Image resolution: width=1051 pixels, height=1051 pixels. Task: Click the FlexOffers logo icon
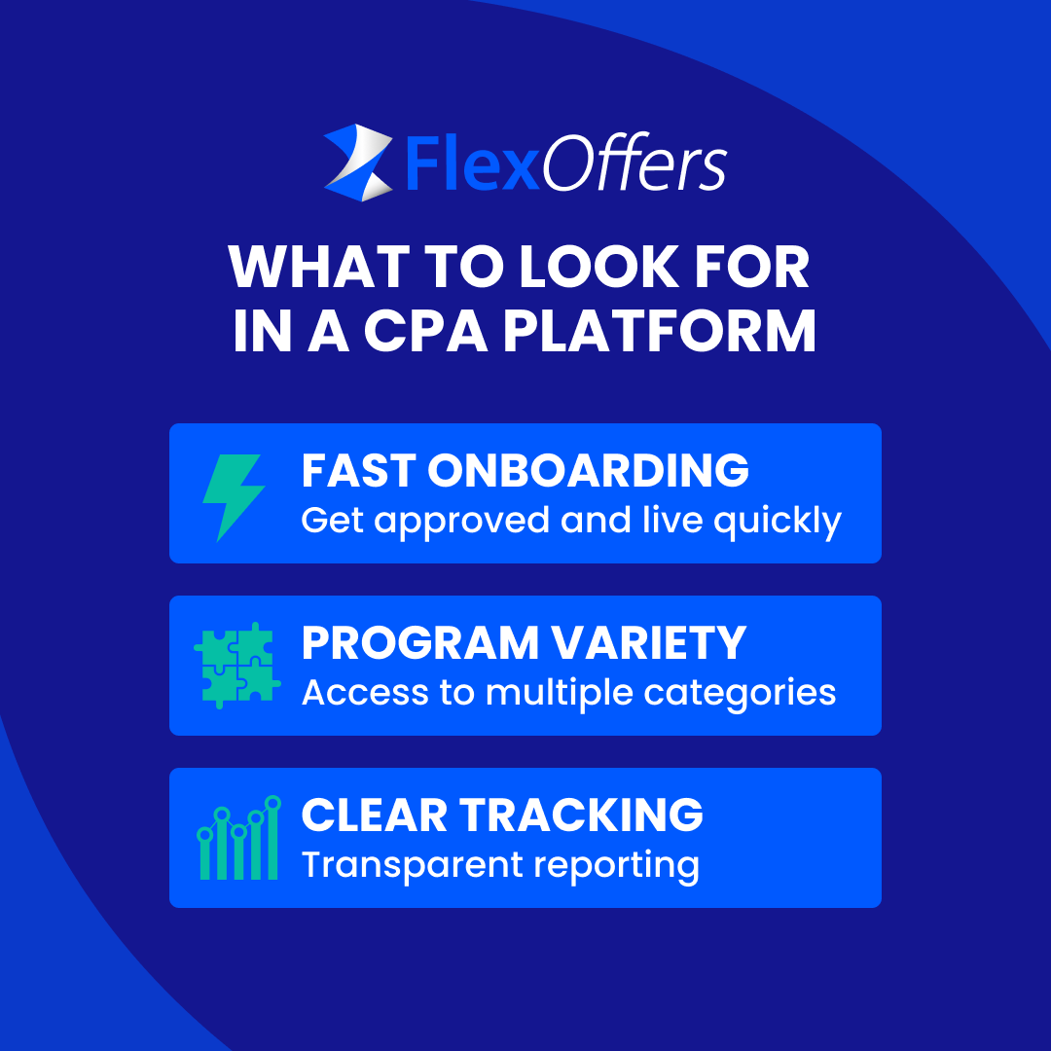coord(357,163)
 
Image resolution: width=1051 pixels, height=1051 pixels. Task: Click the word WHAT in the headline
coord(308,267)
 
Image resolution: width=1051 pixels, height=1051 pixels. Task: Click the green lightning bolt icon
coord(233,497)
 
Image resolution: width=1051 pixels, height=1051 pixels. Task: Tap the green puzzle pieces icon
coord(236,665)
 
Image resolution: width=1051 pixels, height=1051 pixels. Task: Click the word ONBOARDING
coord(588,471)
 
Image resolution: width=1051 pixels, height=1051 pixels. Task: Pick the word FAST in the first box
coord(357,471)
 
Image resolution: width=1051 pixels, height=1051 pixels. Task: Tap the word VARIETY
coord(663,643)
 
